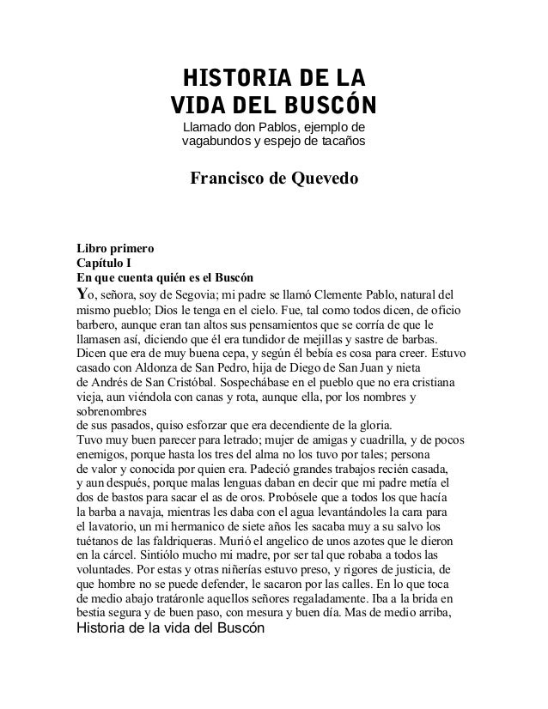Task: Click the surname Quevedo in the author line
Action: (x=317, y=181)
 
